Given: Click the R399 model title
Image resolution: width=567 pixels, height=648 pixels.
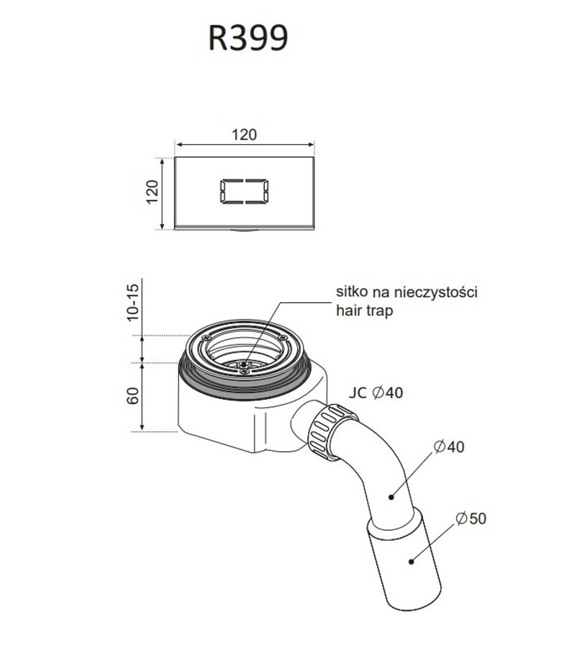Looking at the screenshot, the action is coord(248,38).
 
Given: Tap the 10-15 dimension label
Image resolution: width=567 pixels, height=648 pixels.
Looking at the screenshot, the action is coord(132,302).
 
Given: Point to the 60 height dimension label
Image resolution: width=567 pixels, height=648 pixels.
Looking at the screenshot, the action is coord(132,396).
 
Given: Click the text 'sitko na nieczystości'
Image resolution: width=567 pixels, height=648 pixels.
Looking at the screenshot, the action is coord(407,292).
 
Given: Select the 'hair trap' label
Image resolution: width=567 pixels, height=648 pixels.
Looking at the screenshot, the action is coord(364,310).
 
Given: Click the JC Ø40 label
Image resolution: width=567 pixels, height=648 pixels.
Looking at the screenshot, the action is coord(376,392).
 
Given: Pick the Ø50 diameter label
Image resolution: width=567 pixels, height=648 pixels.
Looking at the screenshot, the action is coord(471,518).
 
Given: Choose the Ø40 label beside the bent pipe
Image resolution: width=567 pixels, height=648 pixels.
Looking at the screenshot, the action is coord(449,446).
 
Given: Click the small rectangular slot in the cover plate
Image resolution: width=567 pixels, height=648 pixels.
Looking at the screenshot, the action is coord(244,192).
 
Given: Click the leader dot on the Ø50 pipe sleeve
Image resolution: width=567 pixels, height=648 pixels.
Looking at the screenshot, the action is coord(411,561).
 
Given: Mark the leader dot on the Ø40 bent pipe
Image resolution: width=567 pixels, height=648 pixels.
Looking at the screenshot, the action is coord(391,496).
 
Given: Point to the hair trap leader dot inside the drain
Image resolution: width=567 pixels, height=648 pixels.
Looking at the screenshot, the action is coord(245,364).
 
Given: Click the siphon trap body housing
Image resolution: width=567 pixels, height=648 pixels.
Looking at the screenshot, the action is coord(252,413).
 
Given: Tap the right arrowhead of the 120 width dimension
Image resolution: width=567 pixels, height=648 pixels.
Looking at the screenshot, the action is coord(311,144).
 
